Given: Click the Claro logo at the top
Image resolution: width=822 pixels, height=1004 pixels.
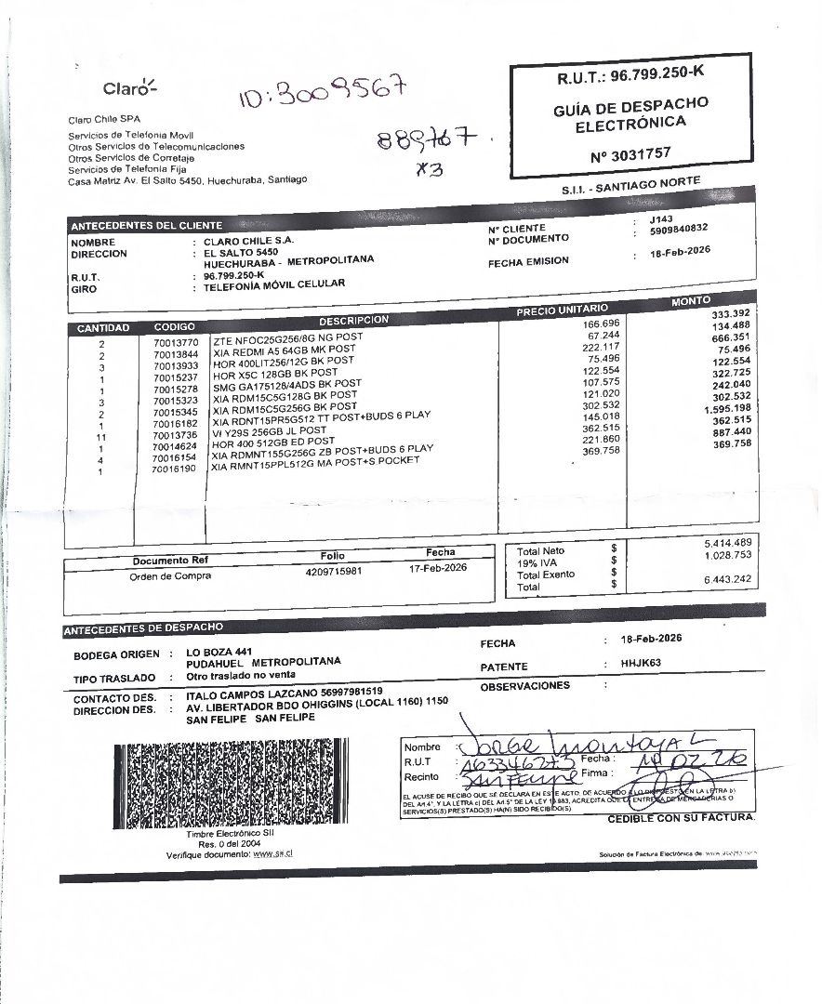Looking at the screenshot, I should tap(130, 89).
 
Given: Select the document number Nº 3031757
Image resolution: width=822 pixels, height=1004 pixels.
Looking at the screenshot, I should tap(630, 152).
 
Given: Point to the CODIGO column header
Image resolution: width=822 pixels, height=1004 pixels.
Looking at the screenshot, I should tap(175, 327).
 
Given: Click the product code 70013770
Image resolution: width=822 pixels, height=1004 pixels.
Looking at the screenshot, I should tap(176, 343).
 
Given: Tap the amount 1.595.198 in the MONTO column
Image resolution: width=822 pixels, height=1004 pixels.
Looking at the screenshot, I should tap(723, 407).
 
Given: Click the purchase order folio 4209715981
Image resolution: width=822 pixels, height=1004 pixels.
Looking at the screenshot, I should tap(333, 571).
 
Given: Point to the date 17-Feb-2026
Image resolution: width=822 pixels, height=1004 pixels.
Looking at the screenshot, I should tap(438, 568).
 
